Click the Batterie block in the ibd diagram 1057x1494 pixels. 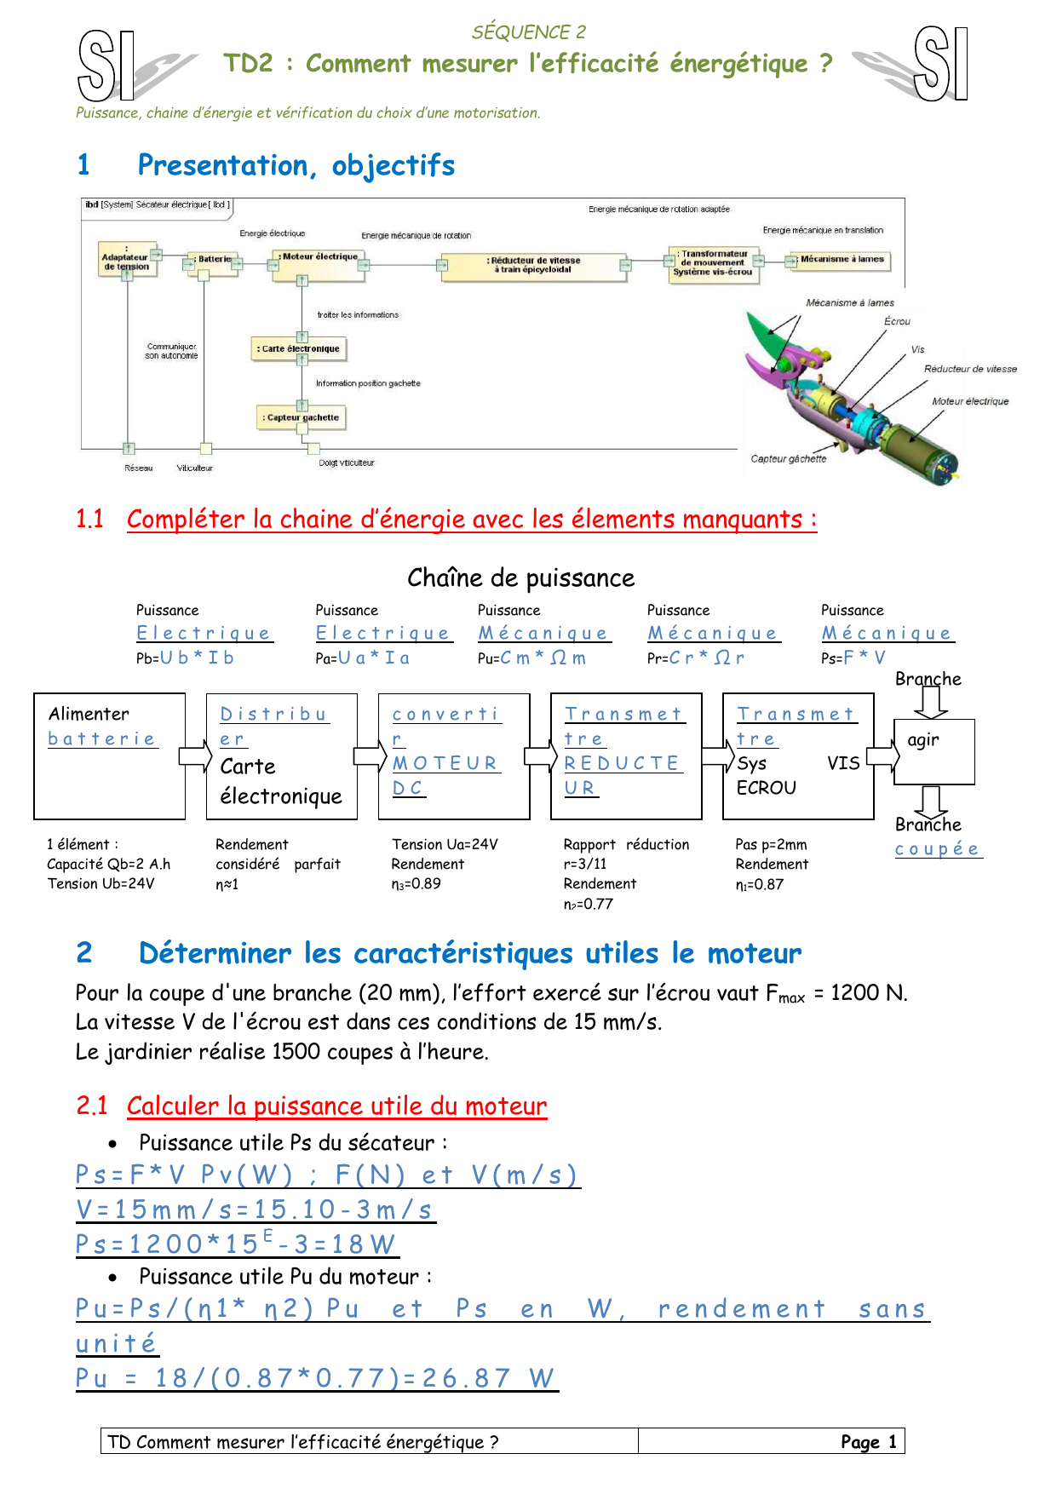[x=214, y=260]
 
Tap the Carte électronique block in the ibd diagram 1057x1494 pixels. [x=300, y=348]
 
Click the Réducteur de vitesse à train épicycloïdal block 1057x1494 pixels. [x=534, y=265]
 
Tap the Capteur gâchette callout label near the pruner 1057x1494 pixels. [x=788, y=459]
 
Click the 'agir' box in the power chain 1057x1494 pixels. [x=933, y=751]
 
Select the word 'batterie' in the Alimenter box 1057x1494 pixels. [x=101, y=739]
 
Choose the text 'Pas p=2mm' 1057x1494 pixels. [x=771, y=845]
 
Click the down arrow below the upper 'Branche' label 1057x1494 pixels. [x=930, y=702]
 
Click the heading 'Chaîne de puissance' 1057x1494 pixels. [x=520, y=578]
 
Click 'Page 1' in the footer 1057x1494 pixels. [x=868, y=1442]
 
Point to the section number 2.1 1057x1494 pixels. [x=91, y=1106]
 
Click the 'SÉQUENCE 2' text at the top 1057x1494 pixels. [x=529, y=32]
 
